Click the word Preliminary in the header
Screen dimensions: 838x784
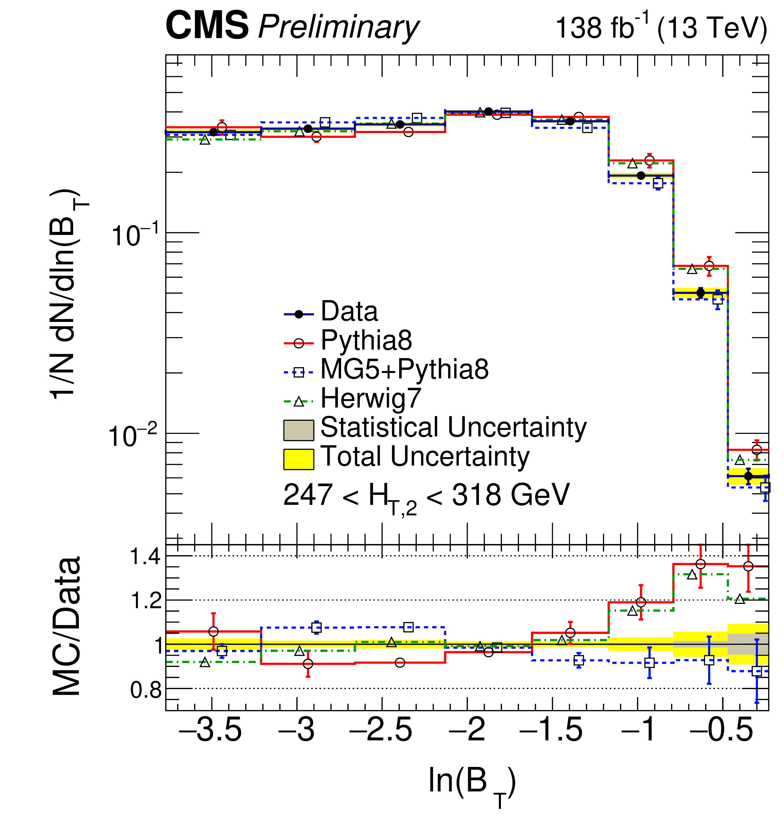(x=338, y=28)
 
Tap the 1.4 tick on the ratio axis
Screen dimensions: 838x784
(x=145, y=556)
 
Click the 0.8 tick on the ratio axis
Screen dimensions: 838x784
(x=145, y=690)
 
